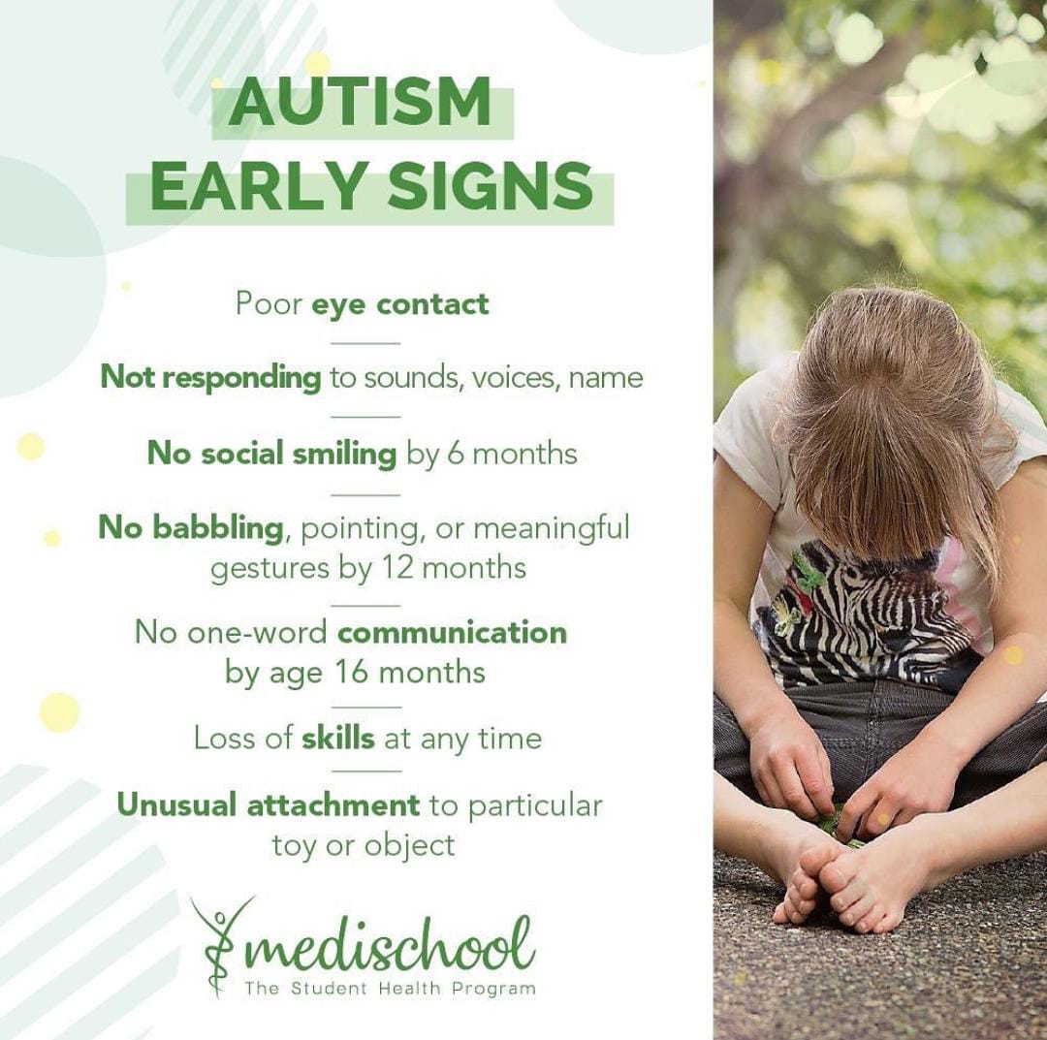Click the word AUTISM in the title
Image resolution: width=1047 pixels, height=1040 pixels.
tap(360, 103)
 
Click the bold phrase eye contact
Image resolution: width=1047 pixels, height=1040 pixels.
tap(400, 303)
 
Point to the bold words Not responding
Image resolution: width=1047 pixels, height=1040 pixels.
tap(210, 378)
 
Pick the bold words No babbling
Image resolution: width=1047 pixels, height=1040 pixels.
tap(191, 528)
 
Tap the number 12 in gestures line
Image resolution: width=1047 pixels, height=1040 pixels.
tap(397, 568)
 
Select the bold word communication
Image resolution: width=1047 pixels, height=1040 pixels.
tap(452, 632)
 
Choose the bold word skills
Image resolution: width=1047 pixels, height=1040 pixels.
tap(338, 739)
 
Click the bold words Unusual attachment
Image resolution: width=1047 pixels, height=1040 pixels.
tap(269, 805)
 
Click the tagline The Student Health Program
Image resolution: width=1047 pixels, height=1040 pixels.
tap(390, 988)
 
